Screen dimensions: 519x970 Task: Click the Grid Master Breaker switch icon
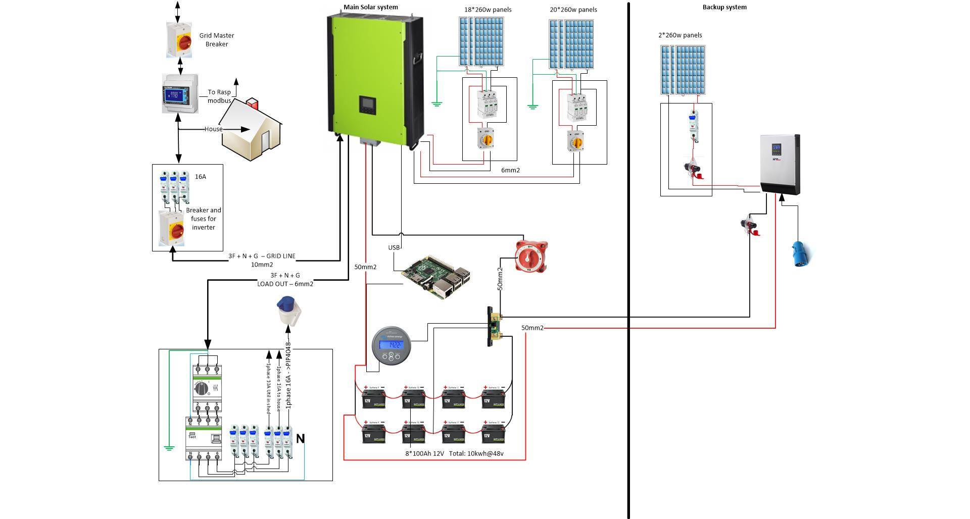pyautogui.click(x=179, y=39)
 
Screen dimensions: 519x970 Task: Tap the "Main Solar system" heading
pyautogui.click(x=371, y=7)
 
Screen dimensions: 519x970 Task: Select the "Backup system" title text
pyautogui.click(x=724, y=7)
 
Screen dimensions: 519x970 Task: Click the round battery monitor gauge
pyautogui.click(x=391, y=346)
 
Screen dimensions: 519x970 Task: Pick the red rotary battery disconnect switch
pyautogui.click(x=531, y=256)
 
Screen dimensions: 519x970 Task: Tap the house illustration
pyautogui.click(x=251, y=131)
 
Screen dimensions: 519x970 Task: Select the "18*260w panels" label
pyautogui.click(x=488, y=10)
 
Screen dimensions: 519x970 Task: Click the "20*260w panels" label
pyautogui.click(x=573, y=10)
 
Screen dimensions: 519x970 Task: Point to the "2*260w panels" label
pyautogui.click(x=680, y=35)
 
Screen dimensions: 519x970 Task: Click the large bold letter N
pyautogui.click(x=300, y=439)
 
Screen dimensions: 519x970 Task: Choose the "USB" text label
pyautogui.click(x=394, y=247)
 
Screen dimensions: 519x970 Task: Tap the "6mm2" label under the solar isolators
pyautogui.click(x=510, y=170)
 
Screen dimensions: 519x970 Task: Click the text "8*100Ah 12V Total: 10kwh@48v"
pyautogui.click(x=454, y=453)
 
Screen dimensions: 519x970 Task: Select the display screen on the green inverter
pyautogui.click(x=367, y=105)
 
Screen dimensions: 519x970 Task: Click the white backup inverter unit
pyautogui.click(x=780, y=165)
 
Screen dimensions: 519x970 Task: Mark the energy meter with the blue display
pyautogui.click(x=179, y=93)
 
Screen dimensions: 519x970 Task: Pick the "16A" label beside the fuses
pyautogui.click(x=201, y=177)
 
